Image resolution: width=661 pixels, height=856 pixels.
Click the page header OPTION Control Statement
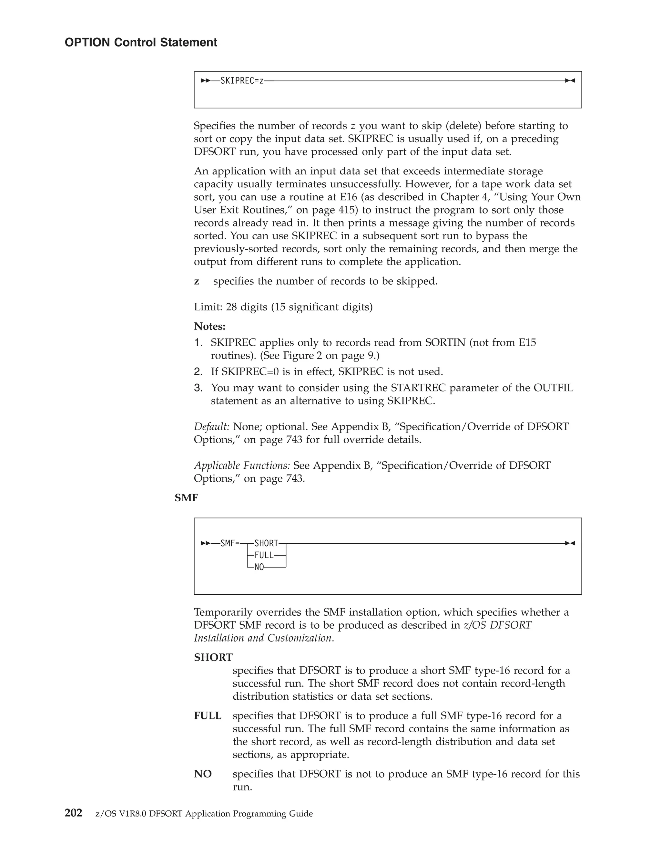pyautogui.click(x=141, y=42)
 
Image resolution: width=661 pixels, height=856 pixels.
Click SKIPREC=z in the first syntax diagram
pyautogui.click(x=242, y=81)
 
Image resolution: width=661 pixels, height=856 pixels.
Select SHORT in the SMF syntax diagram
pyautogui.click(x=266, y=543)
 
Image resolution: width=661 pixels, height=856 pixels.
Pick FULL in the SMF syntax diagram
pyautogui.click(x=264, y=555)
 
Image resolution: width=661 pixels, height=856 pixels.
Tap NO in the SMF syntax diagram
pyautogui.click(x=259, y=567)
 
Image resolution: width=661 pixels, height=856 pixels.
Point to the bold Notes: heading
pyautogui.click(x=209, y=326)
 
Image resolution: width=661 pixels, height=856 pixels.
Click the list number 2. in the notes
pyautogui.click(x=198, y=371)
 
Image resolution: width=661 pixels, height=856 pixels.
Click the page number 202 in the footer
pyautogui.click(x=73, y=813)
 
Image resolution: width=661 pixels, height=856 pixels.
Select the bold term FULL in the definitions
pyautogui.click(x=208, y=716)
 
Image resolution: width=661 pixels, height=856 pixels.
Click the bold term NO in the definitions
pyautogui.click(x=203, y=774)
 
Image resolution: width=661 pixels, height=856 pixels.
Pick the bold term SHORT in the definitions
pyautogui.click(x=213, y=657)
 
